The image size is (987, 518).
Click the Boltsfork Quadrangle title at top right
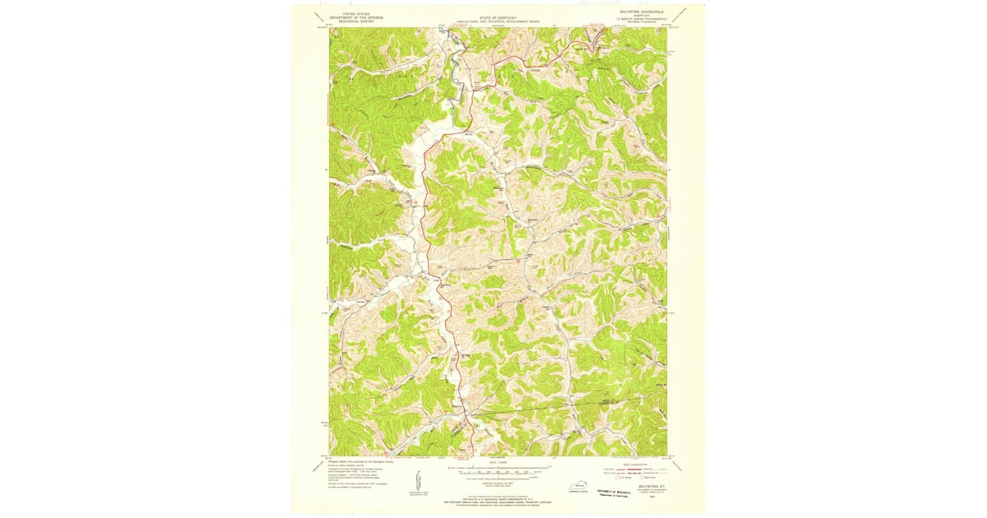click(643, 12)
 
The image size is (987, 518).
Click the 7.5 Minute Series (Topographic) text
click(643, 19)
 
